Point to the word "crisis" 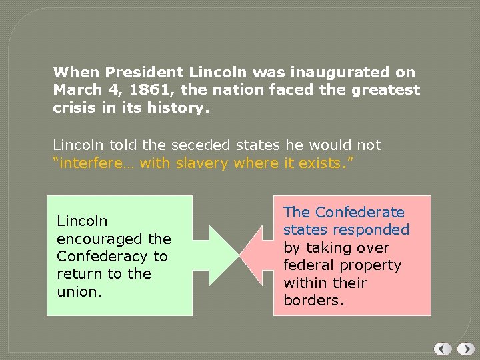coord(75,107)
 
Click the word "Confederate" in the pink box coord(360,212)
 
